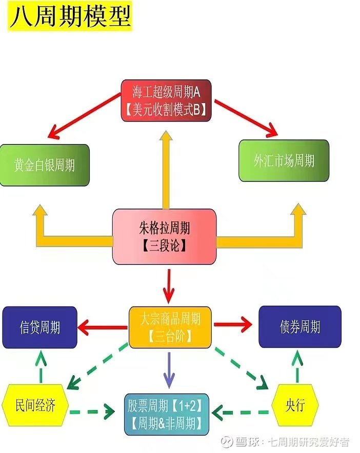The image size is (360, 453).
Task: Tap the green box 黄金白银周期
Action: [45, 165]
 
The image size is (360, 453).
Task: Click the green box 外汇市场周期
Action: [284, 160]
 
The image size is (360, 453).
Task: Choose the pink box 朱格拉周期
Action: [164, 236]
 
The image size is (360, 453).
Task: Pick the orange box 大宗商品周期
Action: [170, 327]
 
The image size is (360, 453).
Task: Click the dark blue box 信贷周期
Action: [39, 327]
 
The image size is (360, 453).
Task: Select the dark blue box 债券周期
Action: [299, 326]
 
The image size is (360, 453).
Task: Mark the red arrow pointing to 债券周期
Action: [233, 324]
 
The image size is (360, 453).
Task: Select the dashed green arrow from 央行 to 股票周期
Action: [241, 411]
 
